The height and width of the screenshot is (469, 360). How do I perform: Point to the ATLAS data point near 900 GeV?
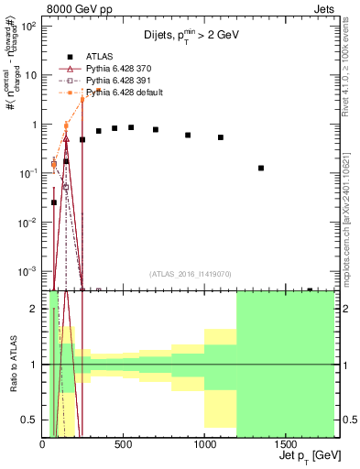pos(188,135)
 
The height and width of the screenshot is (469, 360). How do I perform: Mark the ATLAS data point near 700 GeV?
pos(156,130)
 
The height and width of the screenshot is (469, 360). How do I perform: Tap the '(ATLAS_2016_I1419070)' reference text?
pos(191,274)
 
